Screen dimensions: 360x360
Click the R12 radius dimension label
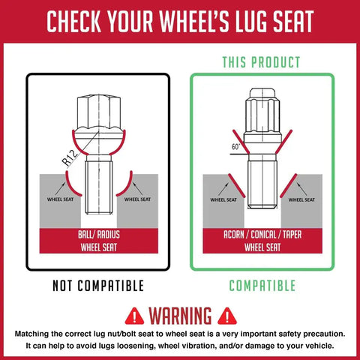click(x=70, y=159)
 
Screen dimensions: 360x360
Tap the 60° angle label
click(x=235, y=146)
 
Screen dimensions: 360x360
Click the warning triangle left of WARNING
click(x=134, y=316)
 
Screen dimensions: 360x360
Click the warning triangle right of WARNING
click(x=227, y=316)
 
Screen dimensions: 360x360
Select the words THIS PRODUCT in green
click(x=261, y=62)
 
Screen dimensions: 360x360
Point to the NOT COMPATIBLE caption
click(x=98, y=286)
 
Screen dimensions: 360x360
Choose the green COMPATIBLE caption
click(x=262, y=286)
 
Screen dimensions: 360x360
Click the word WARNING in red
click(x=180, y=316)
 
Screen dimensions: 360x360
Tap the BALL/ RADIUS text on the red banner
click(x=99, y=235)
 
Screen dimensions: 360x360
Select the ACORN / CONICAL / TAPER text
click(x=262, y=235)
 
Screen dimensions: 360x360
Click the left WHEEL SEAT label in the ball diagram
click(x=60, y=199)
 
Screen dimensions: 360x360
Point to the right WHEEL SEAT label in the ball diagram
click(x=137, y=199)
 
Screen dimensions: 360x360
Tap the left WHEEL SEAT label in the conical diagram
click(x=223, y=200)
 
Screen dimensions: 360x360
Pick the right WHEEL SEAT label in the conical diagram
click(x=301, y=200)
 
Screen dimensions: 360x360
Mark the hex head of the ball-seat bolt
click(x=99, y=112)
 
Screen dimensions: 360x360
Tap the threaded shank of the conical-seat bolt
click(x=262, y=184)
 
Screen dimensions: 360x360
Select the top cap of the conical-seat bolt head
click(x=262, y=93)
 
